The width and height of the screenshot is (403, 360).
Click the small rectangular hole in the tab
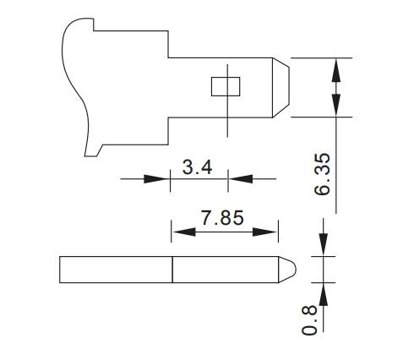point(226,86)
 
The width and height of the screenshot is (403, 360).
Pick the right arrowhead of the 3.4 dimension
point(239,179)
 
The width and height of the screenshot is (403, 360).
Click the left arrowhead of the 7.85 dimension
point(181,230)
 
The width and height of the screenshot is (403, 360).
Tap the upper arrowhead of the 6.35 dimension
point(337,68)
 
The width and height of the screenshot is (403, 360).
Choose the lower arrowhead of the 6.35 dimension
point(337,106)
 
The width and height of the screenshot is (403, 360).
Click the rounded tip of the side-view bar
point(287,270)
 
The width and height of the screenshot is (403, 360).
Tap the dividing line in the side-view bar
point(172,270)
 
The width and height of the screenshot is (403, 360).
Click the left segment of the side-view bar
point(116,270)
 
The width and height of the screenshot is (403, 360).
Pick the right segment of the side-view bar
point(224,270)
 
